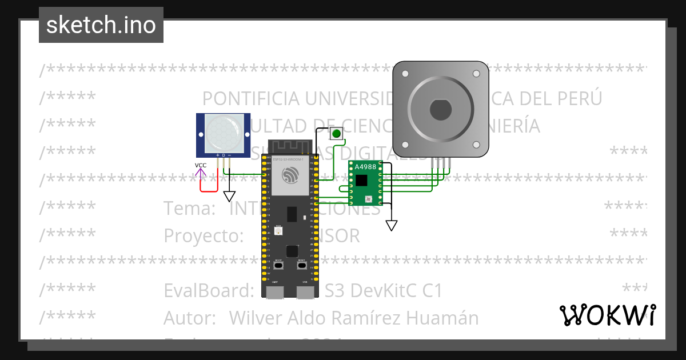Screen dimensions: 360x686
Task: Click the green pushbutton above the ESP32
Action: [336, 134]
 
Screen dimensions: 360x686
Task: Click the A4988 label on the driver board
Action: [365, 167]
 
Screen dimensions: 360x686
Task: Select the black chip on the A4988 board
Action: [361, 181]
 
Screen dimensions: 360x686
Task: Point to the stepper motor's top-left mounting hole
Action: [405, 74]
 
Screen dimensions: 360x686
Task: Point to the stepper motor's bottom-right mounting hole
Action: [476, 145]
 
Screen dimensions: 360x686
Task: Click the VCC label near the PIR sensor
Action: [201, 166]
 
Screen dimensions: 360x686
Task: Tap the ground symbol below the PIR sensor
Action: [229, 196]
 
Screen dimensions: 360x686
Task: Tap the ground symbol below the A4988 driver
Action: [391, 225]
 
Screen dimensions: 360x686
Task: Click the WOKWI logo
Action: [607, 315]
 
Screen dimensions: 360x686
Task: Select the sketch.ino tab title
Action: [101, 25]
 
